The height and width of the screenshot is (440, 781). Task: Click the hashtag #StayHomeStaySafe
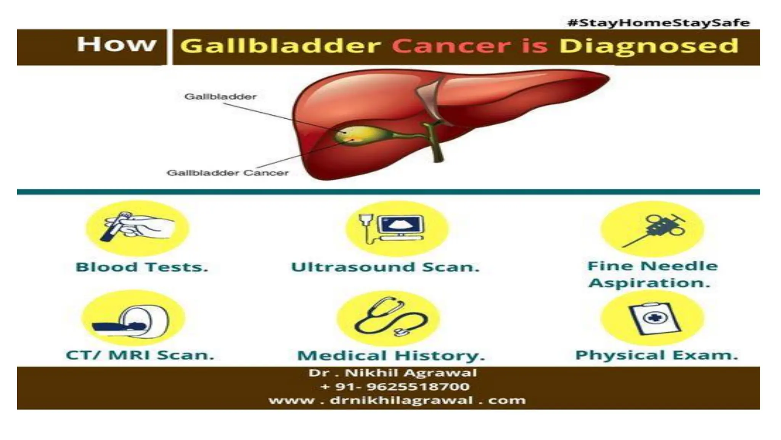coord(659,23)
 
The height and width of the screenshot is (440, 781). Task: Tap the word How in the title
coord(116,44)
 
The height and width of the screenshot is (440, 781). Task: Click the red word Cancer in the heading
coord(451,46)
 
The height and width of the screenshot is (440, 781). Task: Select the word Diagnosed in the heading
coord(648,47)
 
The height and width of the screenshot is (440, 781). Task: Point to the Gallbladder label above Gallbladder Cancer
coord(220,97)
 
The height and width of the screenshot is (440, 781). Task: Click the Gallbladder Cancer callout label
coord(228,173)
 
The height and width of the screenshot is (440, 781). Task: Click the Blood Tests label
coord(142,267)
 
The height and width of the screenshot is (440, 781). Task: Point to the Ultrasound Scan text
coord(385,267)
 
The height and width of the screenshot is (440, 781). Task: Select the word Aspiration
coord(649,283)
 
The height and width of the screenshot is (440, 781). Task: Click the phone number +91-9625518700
coord(395,387)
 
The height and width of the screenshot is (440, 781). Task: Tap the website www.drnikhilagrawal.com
coord(397,400)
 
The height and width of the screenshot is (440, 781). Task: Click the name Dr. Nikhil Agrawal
coord(392,373)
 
